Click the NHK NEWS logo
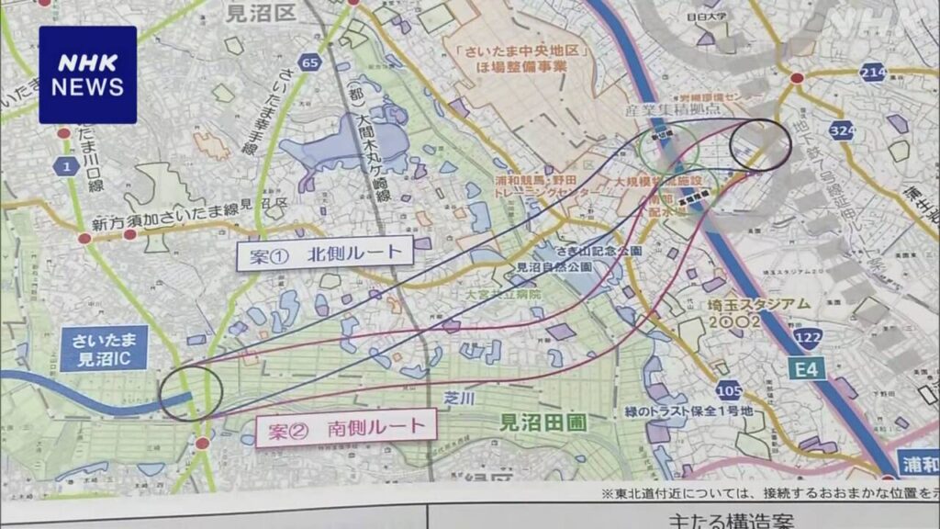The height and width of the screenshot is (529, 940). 88,75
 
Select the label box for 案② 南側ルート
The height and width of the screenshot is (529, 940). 341,427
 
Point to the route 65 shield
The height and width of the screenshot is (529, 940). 311,63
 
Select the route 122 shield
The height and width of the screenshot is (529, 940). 808,340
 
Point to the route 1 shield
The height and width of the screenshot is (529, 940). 66,165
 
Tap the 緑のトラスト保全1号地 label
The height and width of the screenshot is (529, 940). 700,411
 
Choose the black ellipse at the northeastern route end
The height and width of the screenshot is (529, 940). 760,145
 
